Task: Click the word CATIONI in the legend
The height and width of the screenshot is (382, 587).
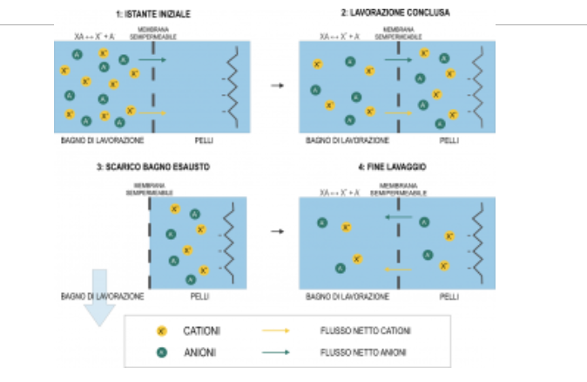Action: coord(201,332)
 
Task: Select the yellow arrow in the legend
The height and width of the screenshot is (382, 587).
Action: coord(275,332)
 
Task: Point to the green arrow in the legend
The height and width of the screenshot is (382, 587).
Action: coord(275,352)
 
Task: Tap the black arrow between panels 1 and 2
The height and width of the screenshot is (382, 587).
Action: coord(277,85)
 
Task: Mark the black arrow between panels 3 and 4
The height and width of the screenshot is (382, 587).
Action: coord(277,232)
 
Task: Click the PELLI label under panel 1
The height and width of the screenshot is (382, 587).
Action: coord(203,140)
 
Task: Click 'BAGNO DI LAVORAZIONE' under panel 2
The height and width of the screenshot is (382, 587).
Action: coord(347,140)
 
